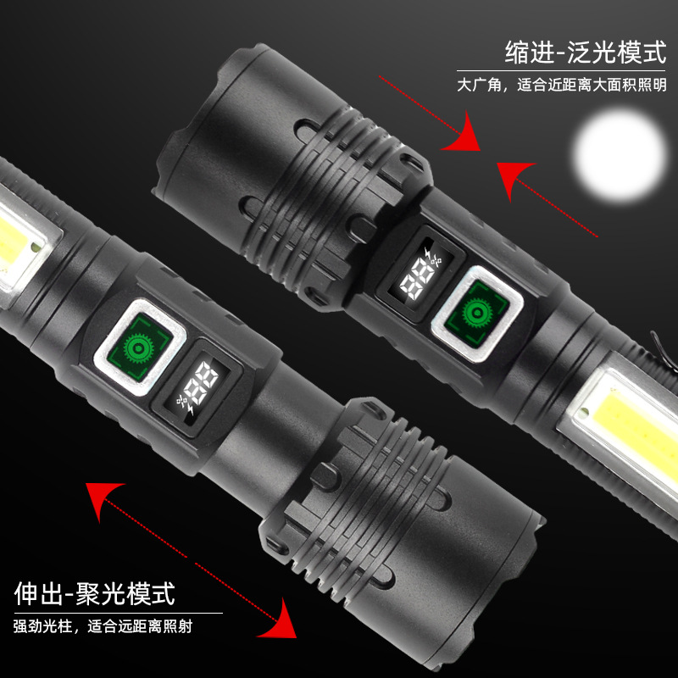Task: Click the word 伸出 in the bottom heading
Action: pyautogui.click(x=39, y=594)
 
